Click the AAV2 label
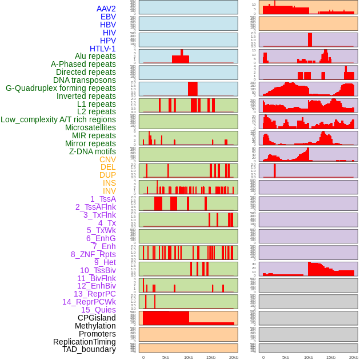click(x=106, y=9)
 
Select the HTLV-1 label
click(x=102, y=49)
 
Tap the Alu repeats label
click(x=95, y=57)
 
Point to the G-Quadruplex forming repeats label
click(x=61, y=88)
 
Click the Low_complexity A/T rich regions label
click(x=58, y=119)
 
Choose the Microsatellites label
click(x=90, y=127)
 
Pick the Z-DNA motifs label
click(x=92, y=151)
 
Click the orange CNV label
click(x=107, y=159)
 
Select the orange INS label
click(x=109, y=183)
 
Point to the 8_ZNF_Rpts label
click(x=93, y=254)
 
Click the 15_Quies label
click(x=98, y=310)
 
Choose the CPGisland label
click(x=97, y=318)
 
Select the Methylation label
click(x=95, y=326)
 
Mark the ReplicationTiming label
click(x=84, y=342)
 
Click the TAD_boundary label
click(x=89, y=349)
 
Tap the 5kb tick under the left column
click(x=166, y=357)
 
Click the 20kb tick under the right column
click(x=354, y=357)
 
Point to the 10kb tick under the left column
click(x=188, y=357)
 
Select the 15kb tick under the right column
click(x=331, y=357)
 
